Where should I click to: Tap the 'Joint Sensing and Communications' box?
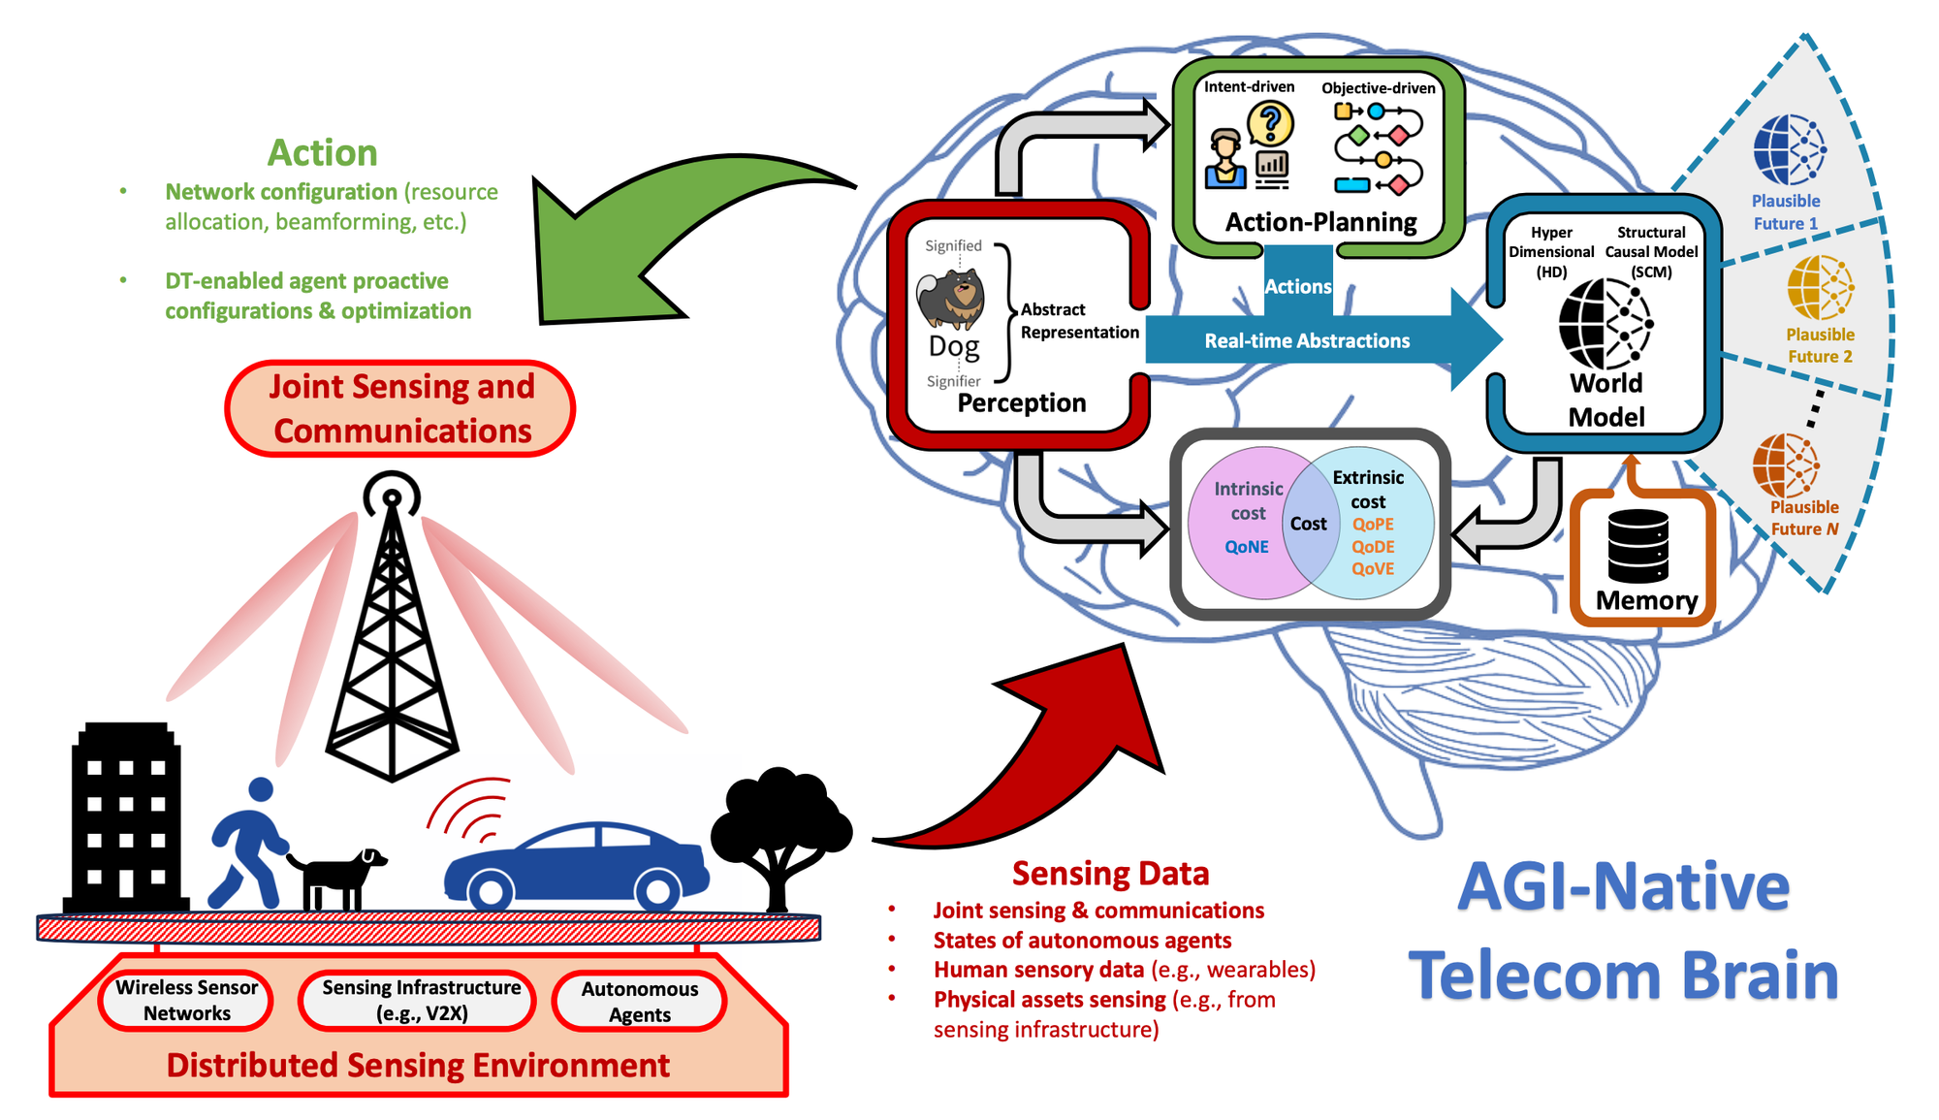click(x=400, y=408)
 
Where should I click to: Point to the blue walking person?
click(x=247, y=844)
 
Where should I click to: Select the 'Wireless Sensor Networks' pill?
click(x=186, y=1000)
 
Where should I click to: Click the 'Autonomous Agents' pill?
click(x=639, y=1001)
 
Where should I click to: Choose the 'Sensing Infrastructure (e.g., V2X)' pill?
click(x=421, y=1000)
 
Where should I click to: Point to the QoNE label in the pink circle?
click(x=1246, y=547)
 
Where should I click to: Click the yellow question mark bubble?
click(x=1270, y=124)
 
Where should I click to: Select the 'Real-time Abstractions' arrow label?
click(x=1307, y=340)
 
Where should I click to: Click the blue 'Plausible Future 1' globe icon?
click(x=1789, y=150)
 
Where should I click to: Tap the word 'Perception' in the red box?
click(x=1021, y=402)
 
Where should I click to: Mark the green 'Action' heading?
click(x=322, y=152)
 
